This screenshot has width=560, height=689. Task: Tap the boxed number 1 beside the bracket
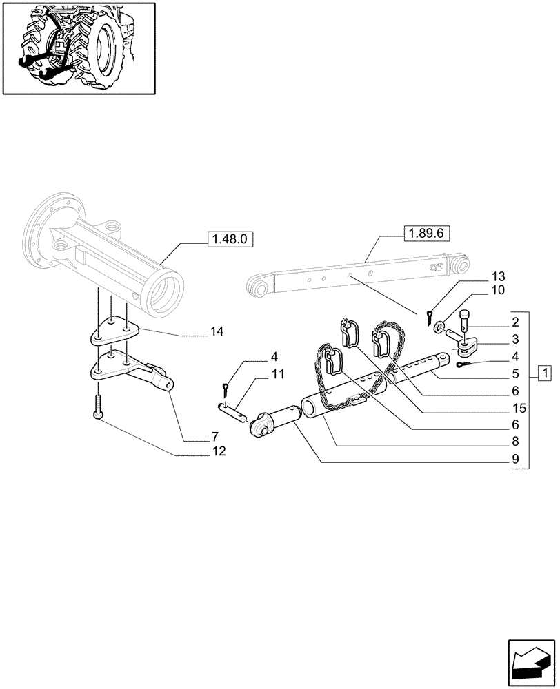tap(545, 374)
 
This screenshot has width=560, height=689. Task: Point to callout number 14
tap(217, 333)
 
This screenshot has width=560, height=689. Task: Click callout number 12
tap(217, 452)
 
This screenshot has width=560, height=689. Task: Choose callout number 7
tap(214, 437)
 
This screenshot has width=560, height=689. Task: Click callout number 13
tap(498, 276)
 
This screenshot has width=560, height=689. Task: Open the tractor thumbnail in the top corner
tap(79, 48)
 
